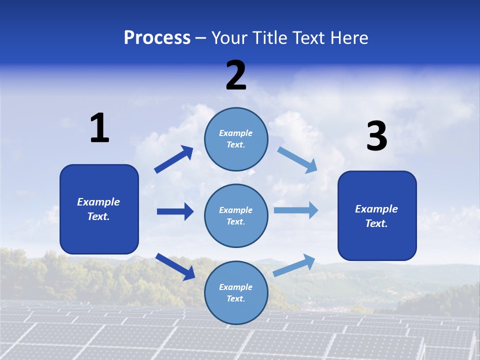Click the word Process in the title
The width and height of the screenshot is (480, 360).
click(157, 37)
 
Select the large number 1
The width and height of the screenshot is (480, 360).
click(99, 128)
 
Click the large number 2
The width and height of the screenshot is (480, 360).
click(236, 75)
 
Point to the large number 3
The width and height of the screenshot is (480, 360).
click(376, 136)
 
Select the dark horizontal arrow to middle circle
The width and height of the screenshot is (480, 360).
click(175, 211)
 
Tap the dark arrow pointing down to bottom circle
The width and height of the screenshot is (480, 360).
click(175, 266)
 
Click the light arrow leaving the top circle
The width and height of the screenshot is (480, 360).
click(297, 159)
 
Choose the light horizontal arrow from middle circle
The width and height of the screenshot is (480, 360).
click(296, 210)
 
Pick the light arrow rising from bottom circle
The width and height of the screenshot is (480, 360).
click(294, 265)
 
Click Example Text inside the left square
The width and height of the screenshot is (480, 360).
click(98, 209)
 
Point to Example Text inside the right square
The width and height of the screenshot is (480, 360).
click(376, 216)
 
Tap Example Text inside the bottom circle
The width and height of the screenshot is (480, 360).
click(235, 292)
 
